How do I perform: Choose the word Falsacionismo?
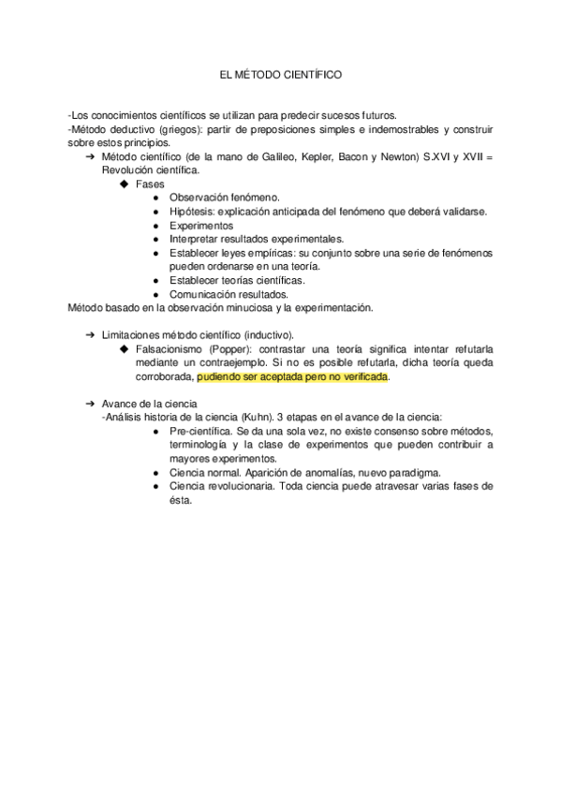tap(176, 349)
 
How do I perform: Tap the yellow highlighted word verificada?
tap(360, 377)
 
